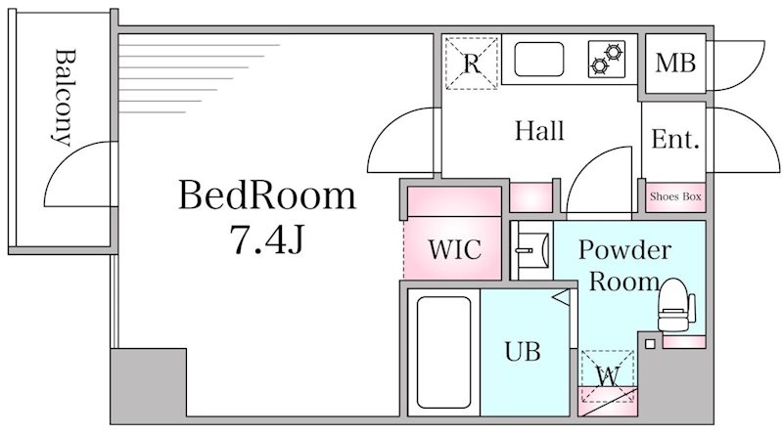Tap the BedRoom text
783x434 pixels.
point(266,197)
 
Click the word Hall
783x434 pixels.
point(539,131)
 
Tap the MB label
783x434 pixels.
point(675,65)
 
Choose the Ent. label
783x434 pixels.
point(675,140)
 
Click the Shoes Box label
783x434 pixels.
point(675,196)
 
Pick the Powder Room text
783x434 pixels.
point(623,265)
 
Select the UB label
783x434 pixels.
point(523,351)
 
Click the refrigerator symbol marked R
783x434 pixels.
point(472,64)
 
